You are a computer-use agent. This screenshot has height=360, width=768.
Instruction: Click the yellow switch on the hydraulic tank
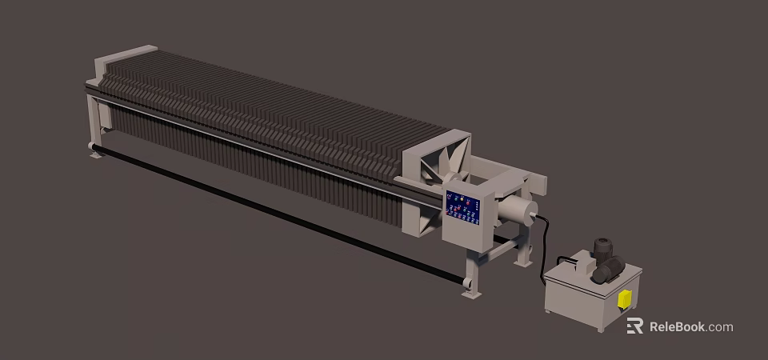point(624,299)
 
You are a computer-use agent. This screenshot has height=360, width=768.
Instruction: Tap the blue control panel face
point(462,208)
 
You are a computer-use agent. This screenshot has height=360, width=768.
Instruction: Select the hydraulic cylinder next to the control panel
point(516,212)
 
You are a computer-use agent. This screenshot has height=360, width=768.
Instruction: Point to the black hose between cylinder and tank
point(546,240)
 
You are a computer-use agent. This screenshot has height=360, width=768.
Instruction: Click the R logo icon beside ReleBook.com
point(634,326)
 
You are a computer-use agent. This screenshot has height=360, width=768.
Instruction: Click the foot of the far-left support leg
point(95,152)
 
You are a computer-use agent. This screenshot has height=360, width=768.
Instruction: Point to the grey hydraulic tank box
point(584,300)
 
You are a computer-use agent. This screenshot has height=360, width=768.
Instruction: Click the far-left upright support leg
point(96,120)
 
